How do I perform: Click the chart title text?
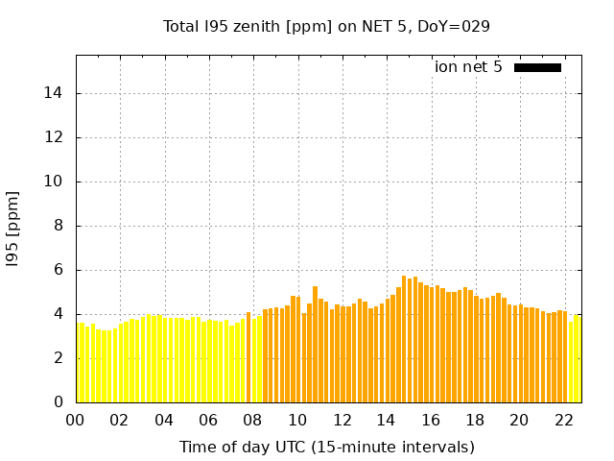pyautogui.click(x=326, y=26)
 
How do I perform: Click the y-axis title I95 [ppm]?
pyautogui.click(x=13, y=229)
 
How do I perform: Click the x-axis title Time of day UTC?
pyautogui.click(x=326, y=447)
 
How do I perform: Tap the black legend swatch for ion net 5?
pyautogui.click(x=537, y=67)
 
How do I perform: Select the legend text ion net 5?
pyautogui.click(x=468, y=67)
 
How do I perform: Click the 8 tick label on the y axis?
pyautogui.click(x=59, y=226)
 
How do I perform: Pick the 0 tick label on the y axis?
pyautogui.click(x=59, y=402)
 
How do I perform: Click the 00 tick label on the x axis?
pyautogui.click(x=76, y=421)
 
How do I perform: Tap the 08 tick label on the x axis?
pyautogui.click(x=253, y=421)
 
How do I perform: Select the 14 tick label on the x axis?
pyautogui.click(x=386, y=421)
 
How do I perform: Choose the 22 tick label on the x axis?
pyautogui.click(x=563, y=421)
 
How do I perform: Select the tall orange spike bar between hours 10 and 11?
pyautogui.click(x=315, y=344)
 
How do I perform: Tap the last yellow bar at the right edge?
pyautogui.click(x=577, y=358)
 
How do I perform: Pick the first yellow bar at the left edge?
pyautogui.click(x=81, y=362)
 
